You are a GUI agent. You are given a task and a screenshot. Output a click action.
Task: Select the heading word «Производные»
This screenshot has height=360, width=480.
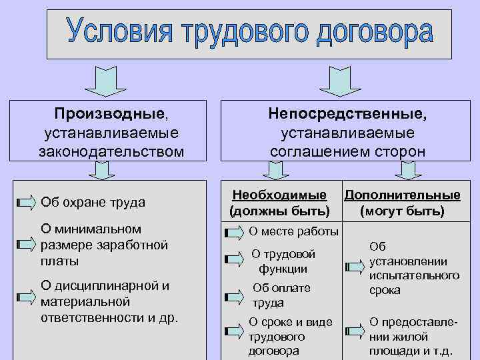tap(109, 115)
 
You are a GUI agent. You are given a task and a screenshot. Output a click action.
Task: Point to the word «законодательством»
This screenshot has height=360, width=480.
tap(111, 151)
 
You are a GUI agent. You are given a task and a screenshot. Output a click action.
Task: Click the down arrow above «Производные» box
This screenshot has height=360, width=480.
tap(101, 81)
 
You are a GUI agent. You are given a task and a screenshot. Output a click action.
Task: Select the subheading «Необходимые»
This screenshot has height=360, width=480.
tap(279, 195)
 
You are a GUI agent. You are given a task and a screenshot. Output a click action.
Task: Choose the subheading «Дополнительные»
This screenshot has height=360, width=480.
tap(402, 195)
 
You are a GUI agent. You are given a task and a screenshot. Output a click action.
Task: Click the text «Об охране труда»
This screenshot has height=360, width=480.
tap(93, 201)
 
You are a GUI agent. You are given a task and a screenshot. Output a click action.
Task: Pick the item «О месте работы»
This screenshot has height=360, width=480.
tap(293, 231)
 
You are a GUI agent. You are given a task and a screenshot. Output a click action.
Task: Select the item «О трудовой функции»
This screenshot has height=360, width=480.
tap(283, 261)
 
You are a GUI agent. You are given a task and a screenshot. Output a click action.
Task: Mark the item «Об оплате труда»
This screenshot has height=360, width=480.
tap(281, 295)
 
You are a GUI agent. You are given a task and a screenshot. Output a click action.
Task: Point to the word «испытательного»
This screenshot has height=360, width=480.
tap(413, 275)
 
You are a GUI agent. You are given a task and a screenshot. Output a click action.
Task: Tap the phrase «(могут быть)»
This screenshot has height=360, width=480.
tap(401, 212)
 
